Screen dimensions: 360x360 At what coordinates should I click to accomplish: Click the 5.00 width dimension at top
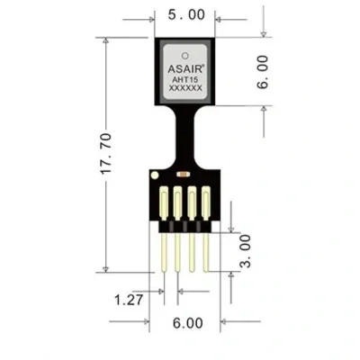point(186,14)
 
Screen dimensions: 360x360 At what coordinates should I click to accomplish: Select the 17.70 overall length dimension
point(106,153)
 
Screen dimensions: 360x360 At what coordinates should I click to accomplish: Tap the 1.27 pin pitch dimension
point(129,300)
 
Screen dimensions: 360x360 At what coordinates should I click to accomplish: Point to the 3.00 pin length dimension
point(245,251)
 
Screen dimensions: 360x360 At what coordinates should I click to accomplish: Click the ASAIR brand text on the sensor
point(186,68)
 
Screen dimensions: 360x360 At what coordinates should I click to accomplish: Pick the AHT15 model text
point(185,80)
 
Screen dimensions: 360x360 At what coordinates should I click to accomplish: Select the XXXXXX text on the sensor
point(185,88)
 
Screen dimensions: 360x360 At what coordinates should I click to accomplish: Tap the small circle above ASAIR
point(185,56)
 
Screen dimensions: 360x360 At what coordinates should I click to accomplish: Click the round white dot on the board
point(155,175)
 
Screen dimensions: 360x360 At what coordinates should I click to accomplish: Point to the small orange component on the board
point(183,174)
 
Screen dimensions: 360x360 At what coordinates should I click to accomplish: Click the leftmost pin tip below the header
point(164,271)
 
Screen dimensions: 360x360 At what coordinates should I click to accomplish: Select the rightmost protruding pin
point(205,253)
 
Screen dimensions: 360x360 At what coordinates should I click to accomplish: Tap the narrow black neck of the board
point(185,135)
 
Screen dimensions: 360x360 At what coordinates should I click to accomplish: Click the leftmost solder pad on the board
point(164,203)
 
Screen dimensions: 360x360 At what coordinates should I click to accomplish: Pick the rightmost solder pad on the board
point(206,203)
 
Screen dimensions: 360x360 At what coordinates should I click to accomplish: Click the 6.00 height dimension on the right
point(262,72)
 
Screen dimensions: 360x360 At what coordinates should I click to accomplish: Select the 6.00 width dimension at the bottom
point(188,323)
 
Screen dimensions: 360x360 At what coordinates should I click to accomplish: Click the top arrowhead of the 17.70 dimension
point(105,40)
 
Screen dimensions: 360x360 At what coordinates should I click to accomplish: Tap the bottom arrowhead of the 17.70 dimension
point(105,269)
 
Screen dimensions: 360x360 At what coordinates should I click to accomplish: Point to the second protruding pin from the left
point(177,253)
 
